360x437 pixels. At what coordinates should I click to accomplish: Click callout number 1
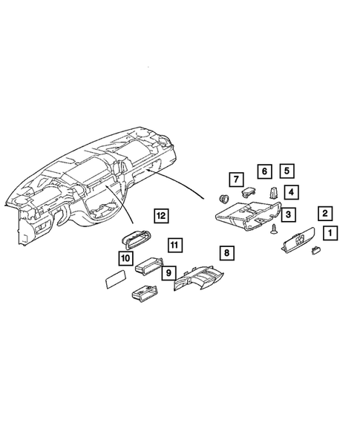330,233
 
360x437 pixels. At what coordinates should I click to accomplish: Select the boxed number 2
324,214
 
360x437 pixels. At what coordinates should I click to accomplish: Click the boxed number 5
286,171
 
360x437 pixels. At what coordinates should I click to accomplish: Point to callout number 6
264,171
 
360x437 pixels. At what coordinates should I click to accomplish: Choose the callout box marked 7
235,179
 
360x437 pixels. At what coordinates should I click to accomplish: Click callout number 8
226,253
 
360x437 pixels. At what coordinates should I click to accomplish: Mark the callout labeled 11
174,244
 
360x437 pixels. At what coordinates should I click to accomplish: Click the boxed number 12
160,216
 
